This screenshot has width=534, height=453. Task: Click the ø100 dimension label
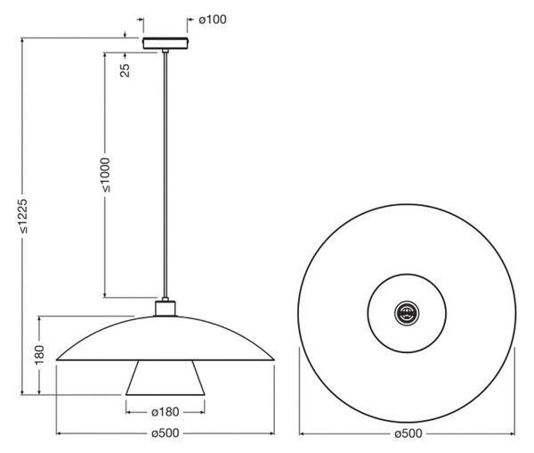213,20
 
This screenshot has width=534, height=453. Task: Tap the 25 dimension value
125,70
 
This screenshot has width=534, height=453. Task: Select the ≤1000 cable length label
107,175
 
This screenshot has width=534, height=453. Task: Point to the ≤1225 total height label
23,216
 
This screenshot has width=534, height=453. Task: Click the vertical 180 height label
39,354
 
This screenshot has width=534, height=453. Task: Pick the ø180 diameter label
166,412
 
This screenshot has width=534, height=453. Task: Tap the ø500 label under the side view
166,433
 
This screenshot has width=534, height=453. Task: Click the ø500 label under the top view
409,433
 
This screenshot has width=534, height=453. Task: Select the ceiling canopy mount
166,44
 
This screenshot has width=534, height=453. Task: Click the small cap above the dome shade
166,309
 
